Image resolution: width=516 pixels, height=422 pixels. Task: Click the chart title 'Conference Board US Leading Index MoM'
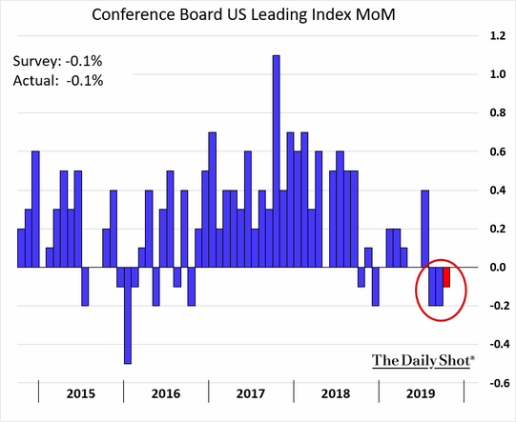(258, 15)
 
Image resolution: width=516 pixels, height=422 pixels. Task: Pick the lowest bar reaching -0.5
(128, 314)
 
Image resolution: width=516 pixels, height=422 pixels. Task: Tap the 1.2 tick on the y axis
(497, 35)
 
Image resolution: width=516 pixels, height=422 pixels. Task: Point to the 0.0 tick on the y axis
(497, 268)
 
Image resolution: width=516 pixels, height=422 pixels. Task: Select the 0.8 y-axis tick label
(497, 113)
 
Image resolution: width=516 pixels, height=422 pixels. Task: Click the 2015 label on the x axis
(81, 392)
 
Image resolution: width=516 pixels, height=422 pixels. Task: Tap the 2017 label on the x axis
(252, 392)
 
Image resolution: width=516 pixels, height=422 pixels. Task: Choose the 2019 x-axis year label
(421, 392)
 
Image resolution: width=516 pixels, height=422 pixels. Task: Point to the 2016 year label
(166, 392)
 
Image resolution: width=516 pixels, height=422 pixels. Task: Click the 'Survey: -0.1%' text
(58, 61)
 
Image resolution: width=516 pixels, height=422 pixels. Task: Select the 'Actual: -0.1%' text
(58, 80)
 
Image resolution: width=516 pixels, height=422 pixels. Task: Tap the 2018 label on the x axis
(337, 392)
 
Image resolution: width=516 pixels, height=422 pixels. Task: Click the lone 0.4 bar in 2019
(424, 229)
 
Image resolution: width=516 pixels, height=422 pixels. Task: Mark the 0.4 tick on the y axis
(497, 191)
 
